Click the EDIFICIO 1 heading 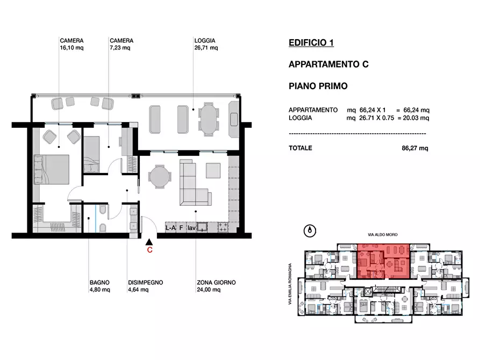[311, 42]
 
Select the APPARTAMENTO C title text [328, 64]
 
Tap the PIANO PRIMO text [318, 86]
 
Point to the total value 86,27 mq [415, 148]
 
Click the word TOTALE [300, 148]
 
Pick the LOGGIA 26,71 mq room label [206, 44]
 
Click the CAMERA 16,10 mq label [71, 44]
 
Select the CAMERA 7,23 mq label [121, 44]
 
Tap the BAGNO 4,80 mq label [100, 286]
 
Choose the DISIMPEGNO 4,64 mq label [146, 286]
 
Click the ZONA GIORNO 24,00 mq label [216, 286]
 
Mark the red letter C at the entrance [149, 250]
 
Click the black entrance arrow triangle [149, 242]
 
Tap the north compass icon [310, 231]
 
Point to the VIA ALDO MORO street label [383, 235]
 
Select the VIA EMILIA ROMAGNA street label [290, 284]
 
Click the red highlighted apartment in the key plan [384, 261]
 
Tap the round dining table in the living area [160, 177]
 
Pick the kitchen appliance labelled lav [192, 228]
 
